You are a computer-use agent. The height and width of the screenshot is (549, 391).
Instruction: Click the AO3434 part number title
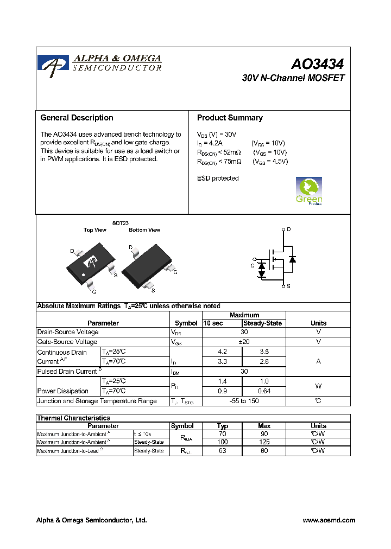click(x=317, y=64)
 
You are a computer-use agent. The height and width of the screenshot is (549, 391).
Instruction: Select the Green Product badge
click(x=309, y=191)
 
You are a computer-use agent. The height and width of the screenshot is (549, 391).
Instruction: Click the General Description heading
click(x=77, y=118)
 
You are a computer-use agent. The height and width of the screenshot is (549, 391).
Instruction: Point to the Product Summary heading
click(x=230, y=118)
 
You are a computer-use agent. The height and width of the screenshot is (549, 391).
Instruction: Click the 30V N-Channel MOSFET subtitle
click(x=293, y=78)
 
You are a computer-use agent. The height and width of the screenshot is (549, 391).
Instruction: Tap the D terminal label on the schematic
click(x=289, y=229)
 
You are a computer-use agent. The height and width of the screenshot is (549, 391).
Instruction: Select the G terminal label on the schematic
click(x=253, y=266)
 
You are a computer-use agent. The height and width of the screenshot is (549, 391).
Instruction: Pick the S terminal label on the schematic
click(x=288, y=286)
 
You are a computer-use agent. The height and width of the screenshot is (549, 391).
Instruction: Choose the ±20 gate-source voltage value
click(x=244, y=342)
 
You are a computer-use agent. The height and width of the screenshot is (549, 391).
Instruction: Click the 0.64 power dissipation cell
click(x=263, y=391)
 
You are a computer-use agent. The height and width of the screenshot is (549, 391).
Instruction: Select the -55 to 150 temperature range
click(x=244, y=401)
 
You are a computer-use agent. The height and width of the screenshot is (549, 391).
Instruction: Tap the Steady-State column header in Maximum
click(x=263, y=323)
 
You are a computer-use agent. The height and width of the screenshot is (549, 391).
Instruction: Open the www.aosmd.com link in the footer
click(x=329, y=520)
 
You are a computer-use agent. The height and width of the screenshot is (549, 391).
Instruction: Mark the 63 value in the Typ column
click(x=223, y=451)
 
